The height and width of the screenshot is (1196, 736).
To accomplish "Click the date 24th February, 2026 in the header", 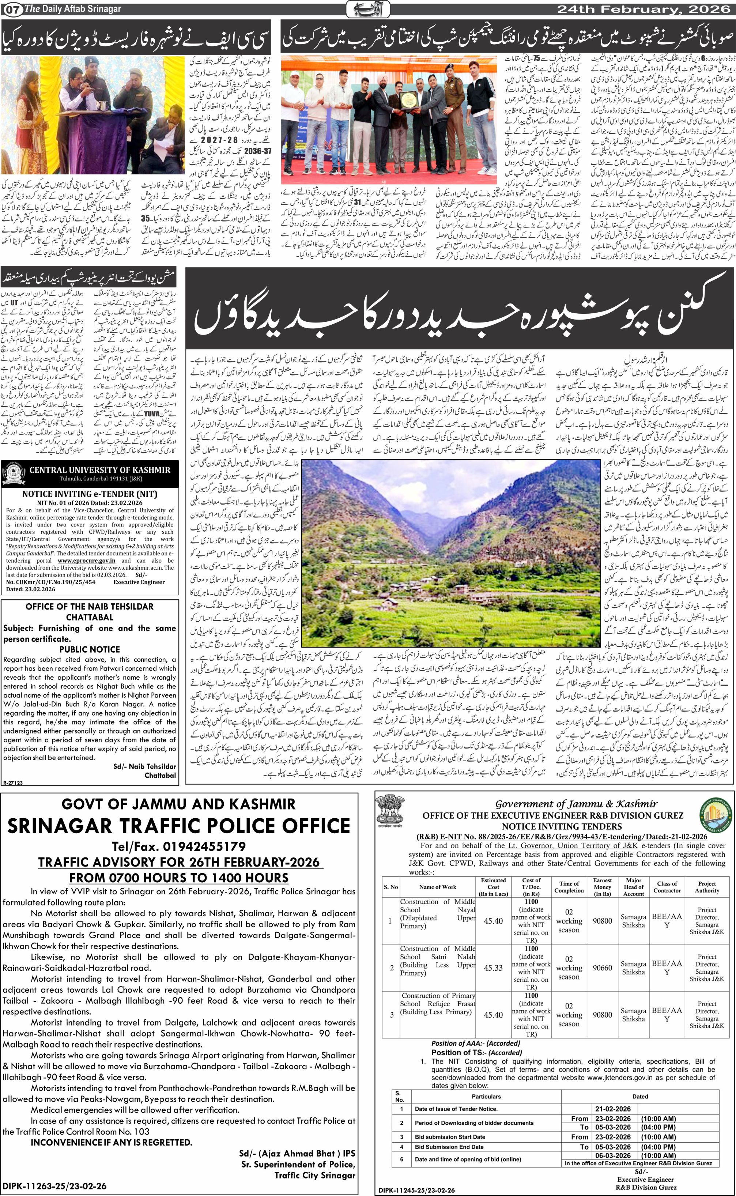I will click(x=645, y=9).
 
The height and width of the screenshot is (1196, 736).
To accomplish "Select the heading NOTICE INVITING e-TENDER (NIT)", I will click(x=90, y=494).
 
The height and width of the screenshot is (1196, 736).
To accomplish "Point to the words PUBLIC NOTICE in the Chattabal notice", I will click(x=90, y=649).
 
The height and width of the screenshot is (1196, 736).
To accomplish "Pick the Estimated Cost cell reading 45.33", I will click(x=493, y=968).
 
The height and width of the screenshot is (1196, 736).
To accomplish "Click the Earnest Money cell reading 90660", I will click(x=602, y=968).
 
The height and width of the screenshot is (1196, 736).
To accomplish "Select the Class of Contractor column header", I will click(x=667, y=887).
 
